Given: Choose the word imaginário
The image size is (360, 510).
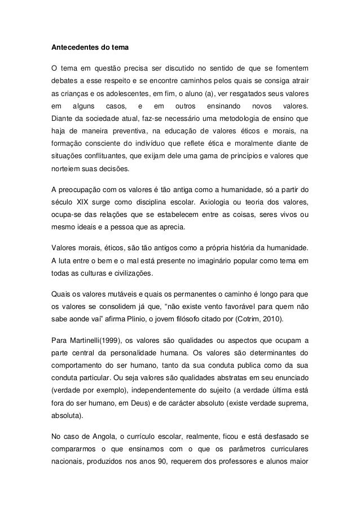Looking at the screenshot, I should (204, 261).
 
